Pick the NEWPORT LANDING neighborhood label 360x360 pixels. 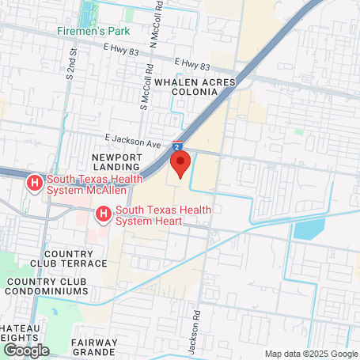coord(116,162)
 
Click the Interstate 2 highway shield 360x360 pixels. coord(179,146)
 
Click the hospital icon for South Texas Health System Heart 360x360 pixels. coord(103,214)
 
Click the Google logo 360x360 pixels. coord(26,350)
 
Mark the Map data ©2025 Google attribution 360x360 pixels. coord(310,354)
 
